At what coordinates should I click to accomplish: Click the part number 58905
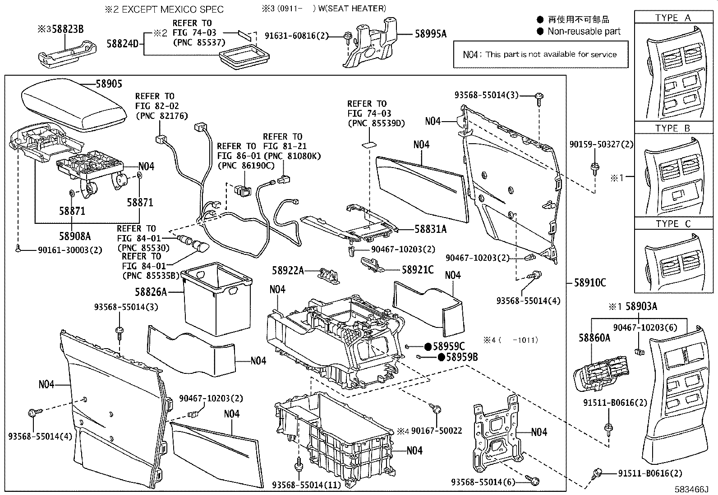109,84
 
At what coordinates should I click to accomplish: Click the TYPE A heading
672,18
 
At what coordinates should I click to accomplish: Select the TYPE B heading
672,128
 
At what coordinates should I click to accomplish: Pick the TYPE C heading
672,224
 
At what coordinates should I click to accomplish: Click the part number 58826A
151,292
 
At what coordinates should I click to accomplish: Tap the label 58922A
288,271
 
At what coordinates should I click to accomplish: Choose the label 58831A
430,229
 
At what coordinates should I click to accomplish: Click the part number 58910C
590,283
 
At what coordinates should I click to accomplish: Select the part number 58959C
448,346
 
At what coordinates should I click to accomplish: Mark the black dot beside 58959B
441,357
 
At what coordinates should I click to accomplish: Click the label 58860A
594,338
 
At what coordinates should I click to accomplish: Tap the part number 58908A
75,236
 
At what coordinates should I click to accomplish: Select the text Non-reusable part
584,32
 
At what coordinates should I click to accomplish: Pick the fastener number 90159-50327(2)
601,145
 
